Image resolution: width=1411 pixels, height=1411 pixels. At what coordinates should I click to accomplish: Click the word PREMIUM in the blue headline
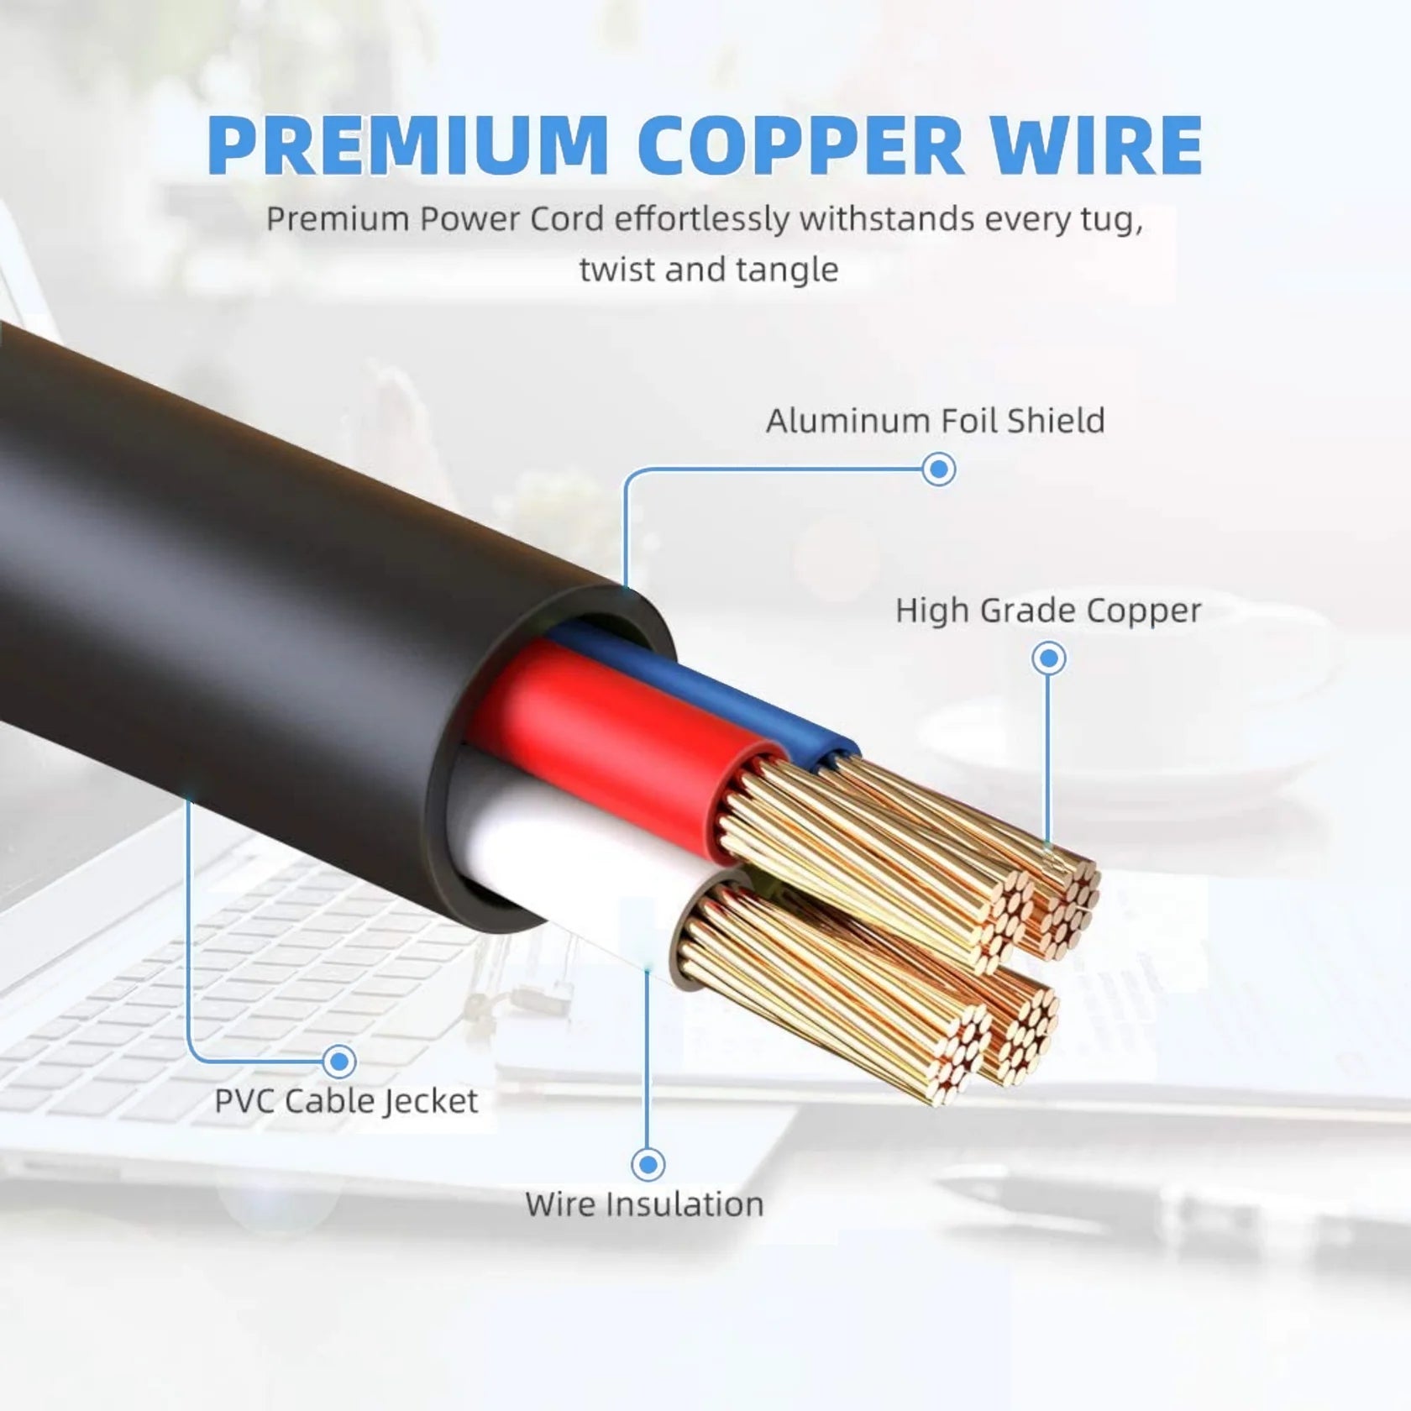click(407, 144)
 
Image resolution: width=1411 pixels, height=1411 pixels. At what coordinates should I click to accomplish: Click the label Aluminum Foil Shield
click(935, 421)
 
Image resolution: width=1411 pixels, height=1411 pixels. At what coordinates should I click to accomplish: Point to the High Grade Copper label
click(1048, 611)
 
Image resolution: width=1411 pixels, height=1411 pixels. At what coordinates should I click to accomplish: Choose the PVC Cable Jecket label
click(346, 1101)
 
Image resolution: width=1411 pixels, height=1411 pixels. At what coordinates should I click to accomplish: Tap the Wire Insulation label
click(644, 1204)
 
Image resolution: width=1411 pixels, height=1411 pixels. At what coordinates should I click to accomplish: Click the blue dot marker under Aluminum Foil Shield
click(938, 469)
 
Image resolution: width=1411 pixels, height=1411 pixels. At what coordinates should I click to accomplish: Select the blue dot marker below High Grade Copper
click(1048, 658)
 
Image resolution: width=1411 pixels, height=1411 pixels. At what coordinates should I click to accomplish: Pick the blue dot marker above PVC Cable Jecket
click(339, 1062)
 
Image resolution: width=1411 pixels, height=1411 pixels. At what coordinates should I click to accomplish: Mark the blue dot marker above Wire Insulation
click(648, 1164)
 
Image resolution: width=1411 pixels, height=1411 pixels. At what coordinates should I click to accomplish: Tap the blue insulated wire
click(714, 689)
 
